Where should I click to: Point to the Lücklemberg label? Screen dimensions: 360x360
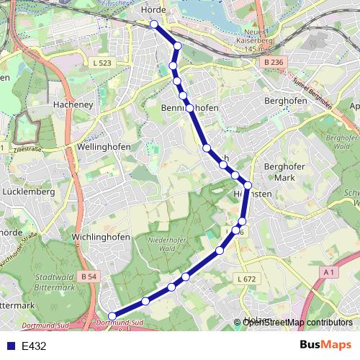coord(29,192)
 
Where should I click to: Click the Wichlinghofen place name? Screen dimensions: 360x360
coord(101,237)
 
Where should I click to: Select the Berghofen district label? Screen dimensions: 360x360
coord(286,102)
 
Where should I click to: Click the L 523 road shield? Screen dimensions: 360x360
coord(104,64)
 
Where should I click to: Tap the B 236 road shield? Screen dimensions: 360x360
coord(274,63)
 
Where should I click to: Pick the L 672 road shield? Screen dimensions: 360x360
coord(246,279)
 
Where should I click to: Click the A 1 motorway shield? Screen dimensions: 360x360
coord(330,271)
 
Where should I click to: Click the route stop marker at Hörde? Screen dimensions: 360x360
coord(154,24)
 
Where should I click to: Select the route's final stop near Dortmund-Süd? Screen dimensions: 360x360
coord(112,315)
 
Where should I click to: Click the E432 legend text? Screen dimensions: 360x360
coord(34,346)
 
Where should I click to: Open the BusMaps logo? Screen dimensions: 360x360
coord(325,345)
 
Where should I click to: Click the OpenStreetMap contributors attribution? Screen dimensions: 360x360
coord(297,323)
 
